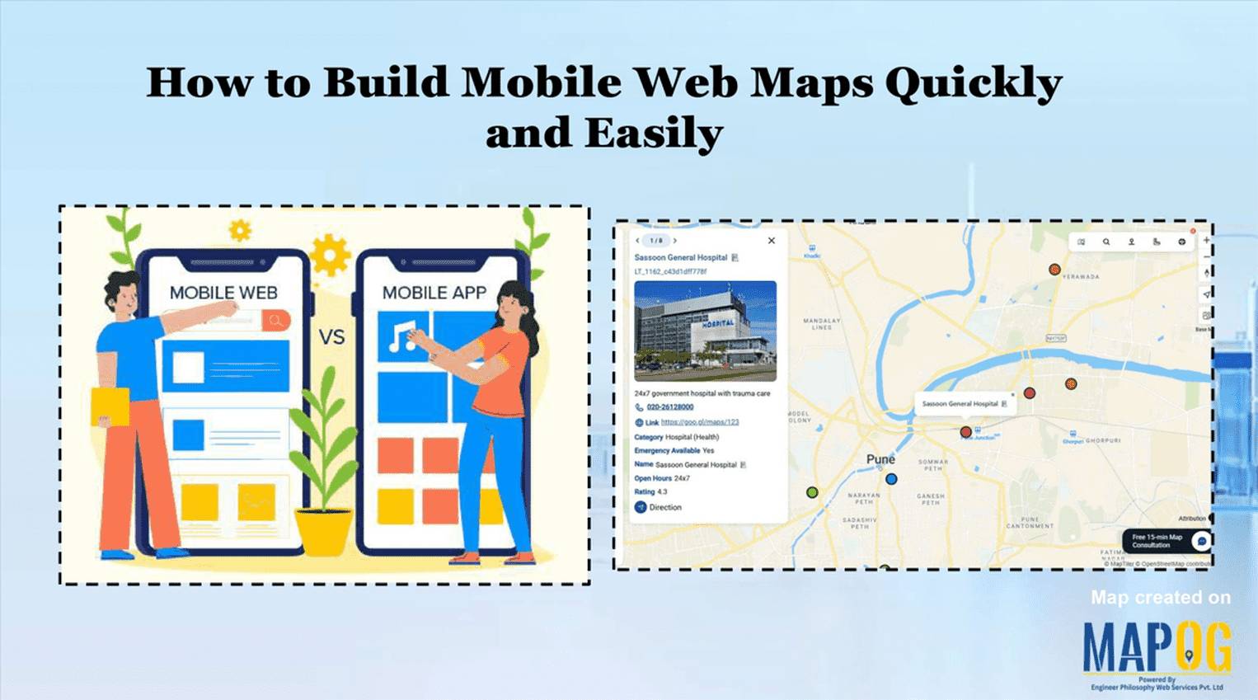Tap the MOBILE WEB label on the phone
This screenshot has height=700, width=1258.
223,293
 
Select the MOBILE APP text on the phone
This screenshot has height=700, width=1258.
434,293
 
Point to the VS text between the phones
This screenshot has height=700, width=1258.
331,336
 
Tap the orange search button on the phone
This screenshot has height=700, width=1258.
276,320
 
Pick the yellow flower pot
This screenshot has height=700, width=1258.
324,531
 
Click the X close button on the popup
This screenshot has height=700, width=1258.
772,241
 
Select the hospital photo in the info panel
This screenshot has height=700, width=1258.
705,331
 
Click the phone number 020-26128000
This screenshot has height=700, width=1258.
669,407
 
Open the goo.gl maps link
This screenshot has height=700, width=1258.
700,422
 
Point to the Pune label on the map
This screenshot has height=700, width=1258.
880,459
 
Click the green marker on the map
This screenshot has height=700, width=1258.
812,492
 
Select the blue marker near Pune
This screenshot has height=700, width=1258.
891,479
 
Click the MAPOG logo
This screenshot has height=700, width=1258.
1157,648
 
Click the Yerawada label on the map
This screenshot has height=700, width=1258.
1080,277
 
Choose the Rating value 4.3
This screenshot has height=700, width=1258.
662,492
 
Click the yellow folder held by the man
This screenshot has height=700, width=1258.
109,406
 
